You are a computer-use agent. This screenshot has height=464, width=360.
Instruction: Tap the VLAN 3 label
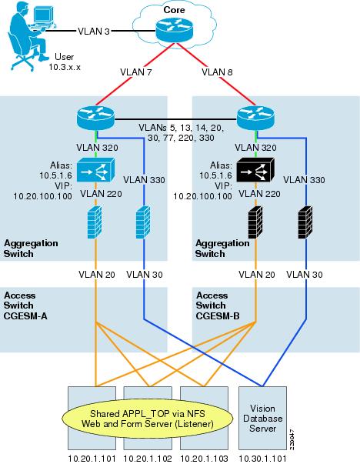pos(94,31)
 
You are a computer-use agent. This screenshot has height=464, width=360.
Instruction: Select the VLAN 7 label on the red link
pos(136,72)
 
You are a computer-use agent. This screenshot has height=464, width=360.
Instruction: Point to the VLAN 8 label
pos(217,72)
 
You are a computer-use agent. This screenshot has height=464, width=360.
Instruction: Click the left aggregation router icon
pos(95,119)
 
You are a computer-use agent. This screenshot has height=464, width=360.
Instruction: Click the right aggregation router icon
pos(256,119)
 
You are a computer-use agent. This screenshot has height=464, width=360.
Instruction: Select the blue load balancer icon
pos(95,169)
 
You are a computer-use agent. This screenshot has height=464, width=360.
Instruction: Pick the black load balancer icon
pos(255,169)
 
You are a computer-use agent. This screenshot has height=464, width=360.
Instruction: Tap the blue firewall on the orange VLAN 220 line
pos(95,222)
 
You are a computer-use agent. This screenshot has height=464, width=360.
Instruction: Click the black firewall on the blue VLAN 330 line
pos(305,222)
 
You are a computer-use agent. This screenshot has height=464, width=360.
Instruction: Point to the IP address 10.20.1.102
pos(148,459)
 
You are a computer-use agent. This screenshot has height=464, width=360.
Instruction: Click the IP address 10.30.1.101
pos(262,459)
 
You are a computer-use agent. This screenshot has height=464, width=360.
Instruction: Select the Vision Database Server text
pos(262,419)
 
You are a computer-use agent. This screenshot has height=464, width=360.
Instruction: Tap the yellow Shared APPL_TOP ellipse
pos(148,419)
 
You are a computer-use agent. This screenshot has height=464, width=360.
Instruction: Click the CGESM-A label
pos(25,316)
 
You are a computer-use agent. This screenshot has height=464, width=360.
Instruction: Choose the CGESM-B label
pos(218,316)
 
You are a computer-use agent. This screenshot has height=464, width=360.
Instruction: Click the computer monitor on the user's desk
pos(43,15)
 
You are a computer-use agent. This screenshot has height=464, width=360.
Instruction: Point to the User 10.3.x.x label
pos(65,62)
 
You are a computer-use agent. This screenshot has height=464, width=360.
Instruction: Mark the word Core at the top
pos(175,10)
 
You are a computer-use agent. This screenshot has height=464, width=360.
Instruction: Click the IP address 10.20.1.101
pos(92,459)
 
